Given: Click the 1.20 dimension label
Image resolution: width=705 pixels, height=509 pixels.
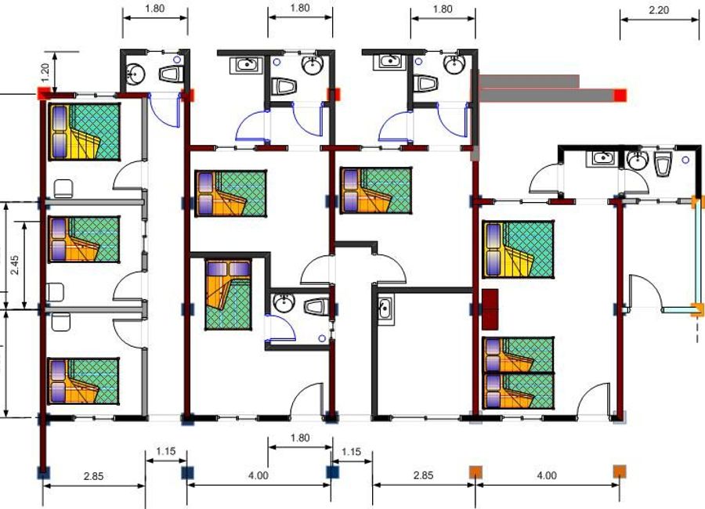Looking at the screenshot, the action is tap(45, 72).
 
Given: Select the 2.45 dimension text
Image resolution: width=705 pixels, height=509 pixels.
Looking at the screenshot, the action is tap(15, 265).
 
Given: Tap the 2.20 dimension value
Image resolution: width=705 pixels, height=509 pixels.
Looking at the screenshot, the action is tap(659, 10).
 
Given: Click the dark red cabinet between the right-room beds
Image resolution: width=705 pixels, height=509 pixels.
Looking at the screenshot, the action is tap(490, 309).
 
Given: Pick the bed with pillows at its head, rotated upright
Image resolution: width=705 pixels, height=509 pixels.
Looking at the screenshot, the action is tap(229, 294).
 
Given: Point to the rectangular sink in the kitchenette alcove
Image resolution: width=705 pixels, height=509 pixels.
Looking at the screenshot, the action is tap(385, 309).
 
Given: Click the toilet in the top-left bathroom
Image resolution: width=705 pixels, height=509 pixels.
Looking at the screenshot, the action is tap(172, 74).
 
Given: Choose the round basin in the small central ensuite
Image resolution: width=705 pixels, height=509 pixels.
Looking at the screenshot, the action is tap(284, 304).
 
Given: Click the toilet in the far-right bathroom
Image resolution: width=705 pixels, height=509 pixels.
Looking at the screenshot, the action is tap(662, 164).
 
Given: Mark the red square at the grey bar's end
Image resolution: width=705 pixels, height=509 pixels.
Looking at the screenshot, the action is tap(620, 96).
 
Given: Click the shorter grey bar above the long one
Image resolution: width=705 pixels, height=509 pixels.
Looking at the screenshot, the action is tap(530, 81).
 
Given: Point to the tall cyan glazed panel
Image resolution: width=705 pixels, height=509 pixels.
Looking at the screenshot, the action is tap(696, 253).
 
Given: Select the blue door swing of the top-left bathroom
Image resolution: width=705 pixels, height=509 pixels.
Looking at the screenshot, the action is tap(164, 111).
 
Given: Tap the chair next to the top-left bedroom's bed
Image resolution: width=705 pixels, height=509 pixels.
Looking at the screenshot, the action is tap(63, 189).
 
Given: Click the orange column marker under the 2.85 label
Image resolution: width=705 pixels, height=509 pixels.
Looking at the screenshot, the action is tap(475, 472).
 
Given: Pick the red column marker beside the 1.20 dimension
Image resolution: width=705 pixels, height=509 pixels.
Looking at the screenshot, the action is tap(43, 94).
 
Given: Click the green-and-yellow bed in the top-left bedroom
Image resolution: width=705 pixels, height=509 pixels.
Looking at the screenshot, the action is tap(84, 132).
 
